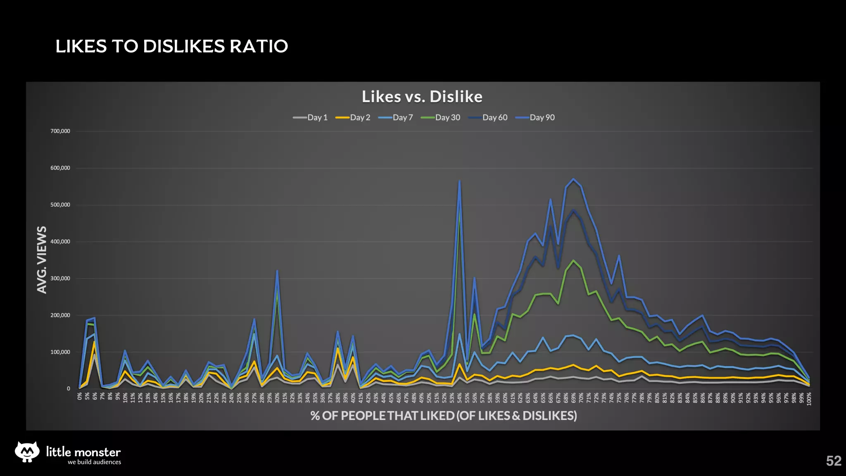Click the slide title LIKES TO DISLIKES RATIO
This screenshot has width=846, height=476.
click(171, 46)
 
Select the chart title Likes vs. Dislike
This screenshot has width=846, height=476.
click(422, 97)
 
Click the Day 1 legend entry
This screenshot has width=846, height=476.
click(311, 118)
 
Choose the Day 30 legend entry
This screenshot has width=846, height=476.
click(441, 118)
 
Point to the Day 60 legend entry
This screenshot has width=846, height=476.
click(488, 118)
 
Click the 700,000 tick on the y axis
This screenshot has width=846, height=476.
click(60, 131)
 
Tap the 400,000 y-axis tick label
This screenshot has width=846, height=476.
click(60, 242)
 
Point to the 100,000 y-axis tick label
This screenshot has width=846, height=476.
click(60, 352)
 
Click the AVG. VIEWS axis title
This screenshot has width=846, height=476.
click(42, 259)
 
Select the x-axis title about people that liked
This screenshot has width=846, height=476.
click(444, 415)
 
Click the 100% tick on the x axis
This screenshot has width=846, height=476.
click(809, 399)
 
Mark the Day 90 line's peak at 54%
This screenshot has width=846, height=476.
click(459, 181)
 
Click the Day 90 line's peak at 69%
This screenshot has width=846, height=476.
click(573, 179)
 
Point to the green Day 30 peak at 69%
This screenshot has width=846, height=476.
click(573, 260)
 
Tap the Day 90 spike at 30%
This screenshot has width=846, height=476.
click(277, 271)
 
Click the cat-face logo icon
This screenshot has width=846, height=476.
click(27, 452)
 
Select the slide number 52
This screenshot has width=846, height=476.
click(833, 461)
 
